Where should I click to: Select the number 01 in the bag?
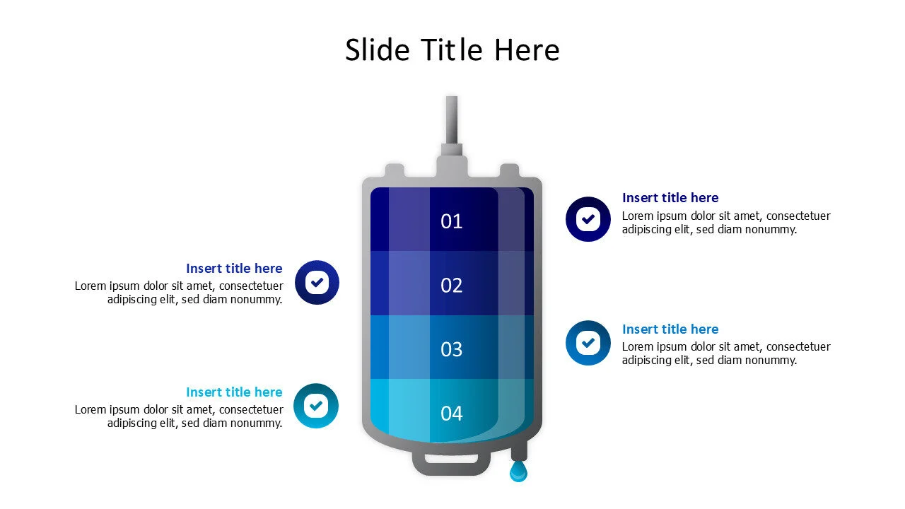coord(451,221)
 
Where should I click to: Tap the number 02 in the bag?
coord(451,285)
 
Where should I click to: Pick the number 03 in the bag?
coord(451,349)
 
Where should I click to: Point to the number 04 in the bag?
coord(451,413)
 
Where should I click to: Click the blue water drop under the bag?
coord(518,472)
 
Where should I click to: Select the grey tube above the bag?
coord(452,120)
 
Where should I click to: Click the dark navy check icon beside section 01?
coord(588,219)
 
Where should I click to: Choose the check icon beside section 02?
coord(317,283)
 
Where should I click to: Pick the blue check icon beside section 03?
coord(588,343)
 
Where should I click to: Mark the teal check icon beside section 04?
coord(316,406)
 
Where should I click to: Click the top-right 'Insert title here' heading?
coord(670,198)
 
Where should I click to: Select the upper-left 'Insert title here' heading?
coord(234,269)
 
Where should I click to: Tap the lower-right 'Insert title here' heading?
coord(670,329)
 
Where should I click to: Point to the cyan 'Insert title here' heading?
coord(234,392)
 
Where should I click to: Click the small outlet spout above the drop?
coord(519,452)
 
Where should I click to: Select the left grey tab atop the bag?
coord(395,171)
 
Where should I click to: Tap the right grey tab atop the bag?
coord(509,171)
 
